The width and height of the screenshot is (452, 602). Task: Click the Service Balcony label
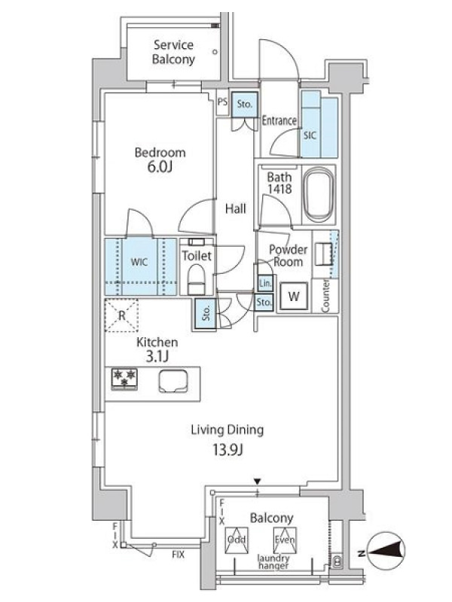click(x=173, y=52)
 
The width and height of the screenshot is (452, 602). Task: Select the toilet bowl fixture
click(x=197, y=279)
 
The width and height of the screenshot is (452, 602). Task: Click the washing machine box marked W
click(x=294, y=296)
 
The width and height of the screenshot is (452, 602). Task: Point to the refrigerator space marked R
click(x=121, y=315)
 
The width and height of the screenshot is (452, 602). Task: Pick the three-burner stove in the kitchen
click(x=124, y=379)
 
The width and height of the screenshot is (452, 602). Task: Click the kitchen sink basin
click(x=173, y=382)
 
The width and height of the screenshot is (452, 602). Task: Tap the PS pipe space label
click(x=222, y=102)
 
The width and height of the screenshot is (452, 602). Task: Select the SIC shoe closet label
click(x=310, y=135)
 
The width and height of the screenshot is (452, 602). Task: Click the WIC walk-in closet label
click(x=139, y=262)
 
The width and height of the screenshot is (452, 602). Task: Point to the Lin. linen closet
click(x=265, y=284)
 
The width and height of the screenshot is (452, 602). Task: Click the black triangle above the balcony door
click(x=258, y=482)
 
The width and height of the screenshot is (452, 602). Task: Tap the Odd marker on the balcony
click(x=237, y=540)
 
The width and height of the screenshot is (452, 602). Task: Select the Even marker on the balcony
click(x=285, y=540)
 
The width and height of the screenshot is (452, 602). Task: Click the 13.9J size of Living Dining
click(x=228, y=448)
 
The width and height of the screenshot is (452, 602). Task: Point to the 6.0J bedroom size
click(x=159, y=167)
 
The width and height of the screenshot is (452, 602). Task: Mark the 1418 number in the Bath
click(x=279, y=189)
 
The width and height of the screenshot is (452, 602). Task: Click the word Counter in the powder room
click(x=325, y=296)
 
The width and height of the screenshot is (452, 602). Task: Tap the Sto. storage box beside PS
click(x=244, y=104)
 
